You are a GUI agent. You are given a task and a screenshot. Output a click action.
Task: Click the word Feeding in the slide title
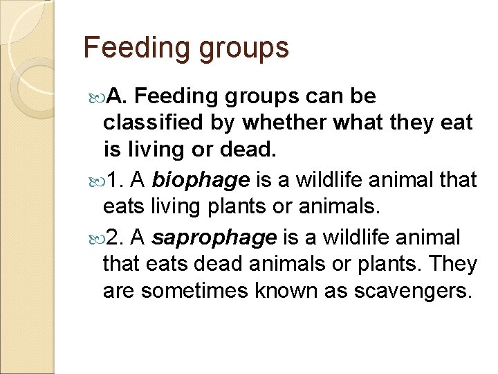pos(126,48)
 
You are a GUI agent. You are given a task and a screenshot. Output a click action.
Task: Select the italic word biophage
pos(201,180)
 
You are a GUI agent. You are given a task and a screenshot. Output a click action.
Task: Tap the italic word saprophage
pos(214,238)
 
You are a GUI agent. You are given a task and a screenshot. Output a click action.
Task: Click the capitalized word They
pos(451,264)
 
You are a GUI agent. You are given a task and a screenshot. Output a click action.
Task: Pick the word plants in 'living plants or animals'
pos(228,207)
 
